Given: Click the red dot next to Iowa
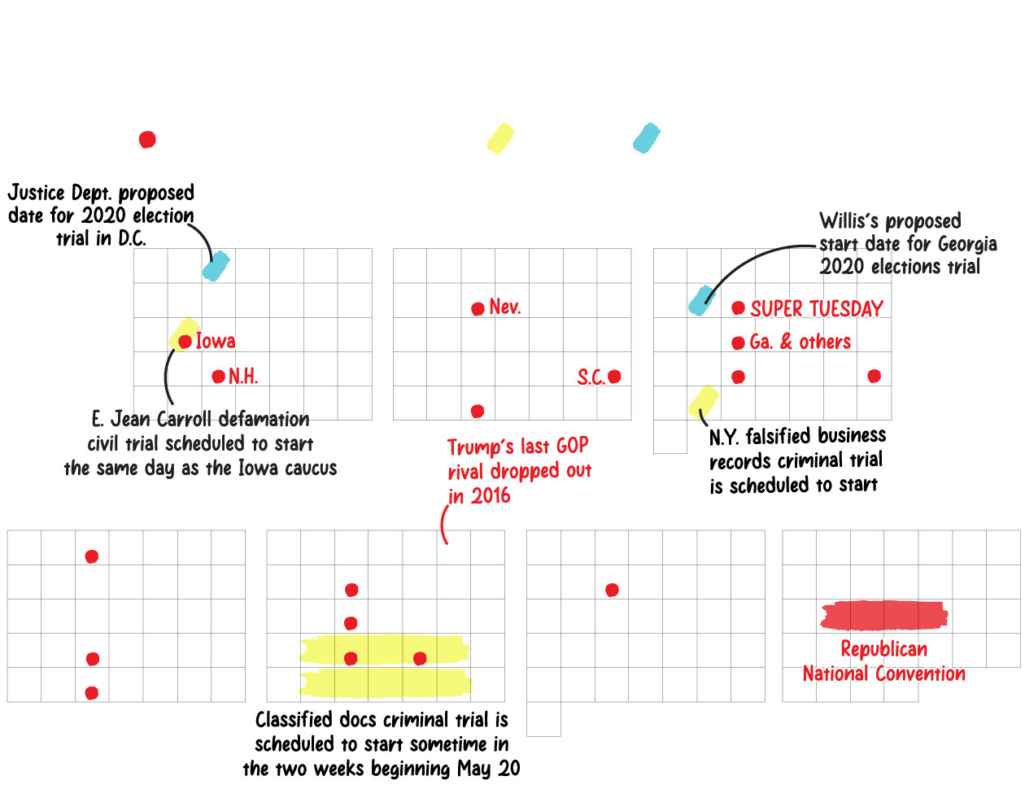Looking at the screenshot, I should [x=185, y=342].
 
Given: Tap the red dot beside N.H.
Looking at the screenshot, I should [x=218, y=377].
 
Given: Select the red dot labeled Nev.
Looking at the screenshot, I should [x=478, y=309].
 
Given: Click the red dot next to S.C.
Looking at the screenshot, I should [x=614, y=377].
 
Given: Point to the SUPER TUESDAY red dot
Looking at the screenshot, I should [x=738, y=308].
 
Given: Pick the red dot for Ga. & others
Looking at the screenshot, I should [x=738, y=343].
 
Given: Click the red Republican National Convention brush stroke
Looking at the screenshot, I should [x=883, y=616].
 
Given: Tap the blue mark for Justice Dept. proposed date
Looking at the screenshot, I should [x=216, y=266].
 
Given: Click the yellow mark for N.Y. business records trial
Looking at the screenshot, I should [x=704, y=401].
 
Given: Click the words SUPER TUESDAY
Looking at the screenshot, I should [x=816, y=309].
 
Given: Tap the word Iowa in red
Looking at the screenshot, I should [x=216, y=342].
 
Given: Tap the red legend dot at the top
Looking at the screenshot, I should [x=147, y=140].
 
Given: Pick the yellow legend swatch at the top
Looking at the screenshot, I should [x=500, y=138].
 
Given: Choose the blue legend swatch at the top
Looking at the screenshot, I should [x=647, y=138].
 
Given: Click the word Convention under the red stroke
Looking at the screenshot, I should [x=920, y=674].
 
